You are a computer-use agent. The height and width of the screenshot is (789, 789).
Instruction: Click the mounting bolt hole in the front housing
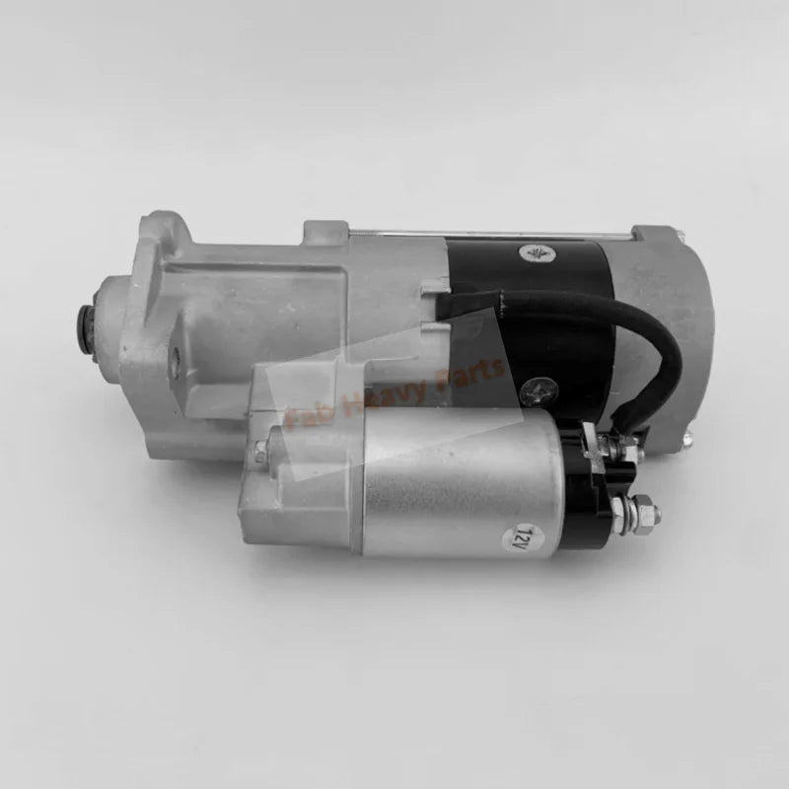(x=175, y=364)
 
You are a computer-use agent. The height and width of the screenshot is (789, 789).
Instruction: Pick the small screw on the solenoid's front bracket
(x=259, y=453)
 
